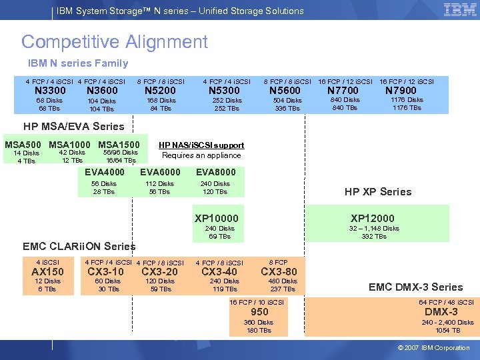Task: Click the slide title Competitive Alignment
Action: (x=115, y=42)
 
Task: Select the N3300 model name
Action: (x=50, y=91)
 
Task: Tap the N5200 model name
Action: (x=161, y=91)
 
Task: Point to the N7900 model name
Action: (x=401, y=91)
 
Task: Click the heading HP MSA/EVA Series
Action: (x=74, y=126)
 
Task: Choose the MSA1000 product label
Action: (x=69, y=145)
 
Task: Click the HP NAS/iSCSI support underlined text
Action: (x=201, y=145)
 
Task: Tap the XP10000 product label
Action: (x=217, y=218)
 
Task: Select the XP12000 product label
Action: (x=373, y=218)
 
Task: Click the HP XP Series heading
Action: (x=378, y=191)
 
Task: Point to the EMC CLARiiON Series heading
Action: (x=79, y=247)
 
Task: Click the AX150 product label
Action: (x=47, y=272)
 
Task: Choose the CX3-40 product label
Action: (x=219, y=272)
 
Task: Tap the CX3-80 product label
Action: (x=279, y=272)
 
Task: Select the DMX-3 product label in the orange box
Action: (x=441, y=312)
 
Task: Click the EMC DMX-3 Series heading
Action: (x=416, y=287)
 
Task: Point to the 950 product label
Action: (x=259, y=312)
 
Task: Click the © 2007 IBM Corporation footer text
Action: (x=433, y=348)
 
